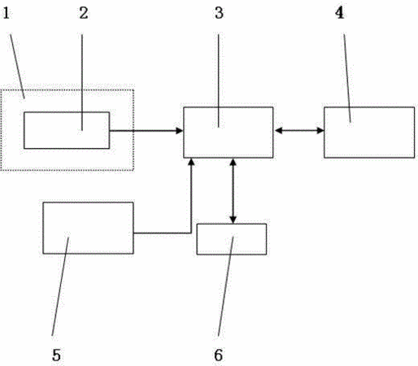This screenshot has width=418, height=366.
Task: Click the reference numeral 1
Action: coord(7,13)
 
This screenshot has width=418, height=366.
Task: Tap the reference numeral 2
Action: coord(84,13)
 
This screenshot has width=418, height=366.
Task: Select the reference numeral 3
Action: coord(219,13)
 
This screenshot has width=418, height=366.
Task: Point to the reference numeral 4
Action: coord(339,13)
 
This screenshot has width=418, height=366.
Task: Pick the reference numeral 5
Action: coord(56,355)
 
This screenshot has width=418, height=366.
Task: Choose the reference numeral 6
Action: coord(219,355)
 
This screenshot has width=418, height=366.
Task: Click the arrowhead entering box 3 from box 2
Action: coord(180,131)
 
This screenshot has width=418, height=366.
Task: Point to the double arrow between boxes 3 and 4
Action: coord(298,131)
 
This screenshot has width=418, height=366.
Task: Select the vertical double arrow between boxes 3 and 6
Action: coord(233,191)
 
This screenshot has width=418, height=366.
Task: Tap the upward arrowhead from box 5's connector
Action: coord(191,162)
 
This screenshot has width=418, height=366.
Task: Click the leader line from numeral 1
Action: coord(18,66)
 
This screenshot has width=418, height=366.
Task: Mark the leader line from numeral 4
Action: coord(347,78)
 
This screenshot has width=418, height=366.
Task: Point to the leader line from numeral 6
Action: coord(225,286)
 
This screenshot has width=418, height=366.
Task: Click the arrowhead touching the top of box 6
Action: coord(233,220)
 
